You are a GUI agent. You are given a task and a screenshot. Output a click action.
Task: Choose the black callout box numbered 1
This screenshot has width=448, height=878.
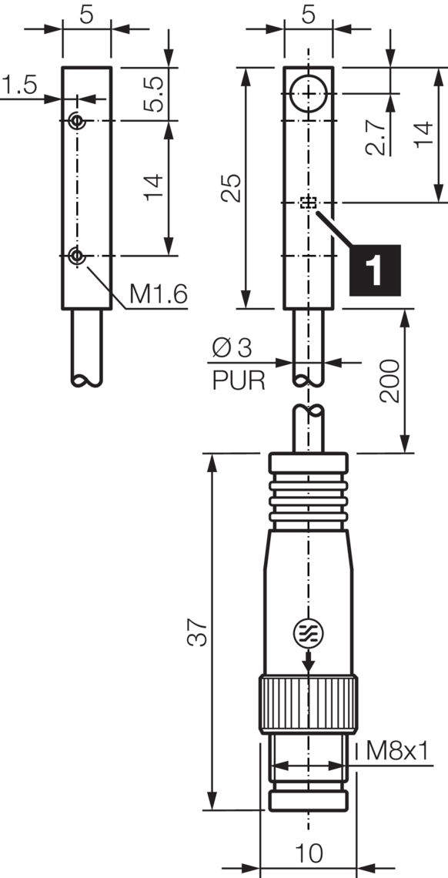375,270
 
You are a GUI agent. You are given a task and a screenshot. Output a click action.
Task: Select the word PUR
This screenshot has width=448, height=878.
238,380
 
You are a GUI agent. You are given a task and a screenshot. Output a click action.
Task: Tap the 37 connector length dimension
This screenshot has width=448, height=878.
198,632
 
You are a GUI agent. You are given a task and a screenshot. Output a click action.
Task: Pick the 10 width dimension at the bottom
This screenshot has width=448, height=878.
308,853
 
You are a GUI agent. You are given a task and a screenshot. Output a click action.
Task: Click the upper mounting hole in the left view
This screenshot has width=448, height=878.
76,121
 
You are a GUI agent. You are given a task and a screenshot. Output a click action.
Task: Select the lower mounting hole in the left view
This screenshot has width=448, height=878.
76,256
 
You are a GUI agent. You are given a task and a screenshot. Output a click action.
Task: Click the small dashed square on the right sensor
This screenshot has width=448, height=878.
309,203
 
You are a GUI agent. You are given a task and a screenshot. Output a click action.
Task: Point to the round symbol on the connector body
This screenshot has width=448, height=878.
309,633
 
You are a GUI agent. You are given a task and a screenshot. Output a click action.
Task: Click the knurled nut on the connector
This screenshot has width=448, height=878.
309,704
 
